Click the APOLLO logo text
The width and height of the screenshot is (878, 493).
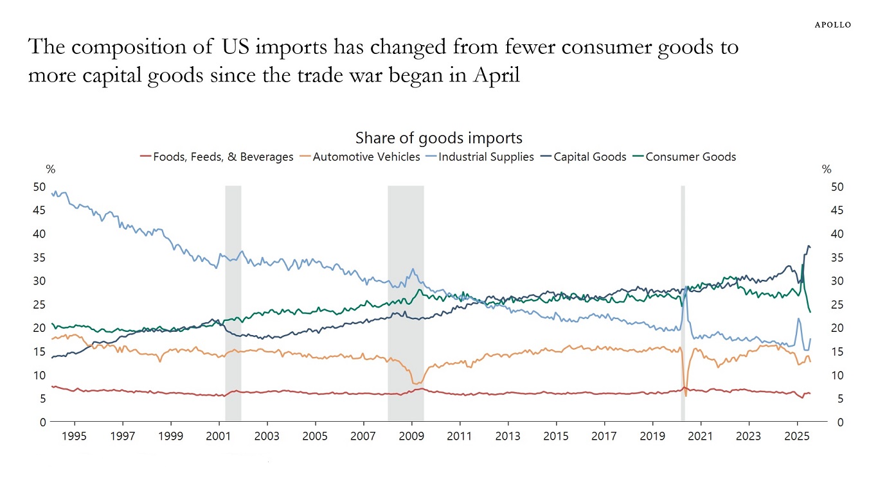click(832, 24)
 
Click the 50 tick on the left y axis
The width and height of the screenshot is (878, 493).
click(39, 187)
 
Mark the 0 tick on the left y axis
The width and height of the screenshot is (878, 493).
click(42, 422)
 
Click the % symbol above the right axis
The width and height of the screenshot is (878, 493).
click(827, 170)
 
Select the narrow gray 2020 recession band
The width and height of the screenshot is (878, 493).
click(683, 302)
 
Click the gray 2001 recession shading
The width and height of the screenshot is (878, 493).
click(233, 302)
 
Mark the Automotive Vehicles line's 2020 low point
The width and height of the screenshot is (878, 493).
click(686, 395)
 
